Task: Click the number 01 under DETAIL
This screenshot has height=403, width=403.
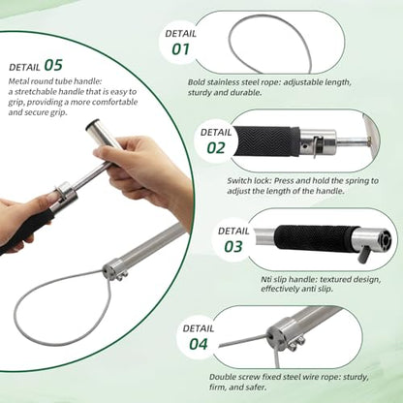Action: coord(180,49)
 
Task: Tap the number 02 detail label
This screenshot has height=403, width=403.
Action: coord(216,148)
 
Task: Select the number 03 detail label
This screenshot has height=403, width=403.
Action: coord(233,247)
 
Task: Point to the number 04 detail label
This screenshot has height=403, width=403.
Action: coord(199,344)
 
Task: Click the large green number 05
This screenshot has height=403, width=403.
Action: coord(53,65)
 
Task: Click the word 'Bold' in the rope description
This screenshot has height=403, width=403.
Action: coord(197,82)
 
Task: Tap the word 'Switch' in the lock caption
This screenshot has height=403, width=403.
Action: coord(239,180)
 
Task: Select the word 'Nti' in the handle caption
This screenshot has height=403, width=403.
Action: coord(266,279)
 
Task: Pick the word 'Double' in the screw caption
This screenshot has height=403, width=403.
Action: coord(223,377)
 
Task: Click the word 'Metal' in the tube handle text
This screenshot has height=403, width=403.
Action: coord(19,81)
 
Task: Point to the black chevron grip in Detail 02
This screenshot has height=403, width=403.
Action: coord(266,141)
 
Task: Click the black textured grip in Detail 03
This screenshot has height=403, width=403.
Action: coord(315,239)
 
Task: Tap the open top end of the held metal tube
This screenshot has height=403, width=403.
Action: coord(92,125)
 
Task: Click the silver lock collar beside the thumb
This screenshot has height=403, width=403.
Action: coord(66,194)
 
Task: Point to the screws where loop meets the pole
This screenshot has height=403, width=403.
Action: coord(121,276)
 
